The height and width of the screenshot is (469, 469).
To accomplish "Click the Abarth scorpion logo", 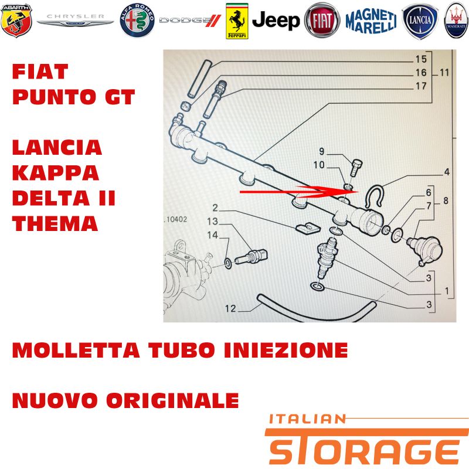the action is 16,21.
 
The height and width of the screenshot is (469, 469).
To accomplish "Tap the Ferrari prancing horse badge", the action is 237,21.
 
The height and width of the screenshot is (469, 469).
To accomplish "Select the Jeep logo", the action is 276,21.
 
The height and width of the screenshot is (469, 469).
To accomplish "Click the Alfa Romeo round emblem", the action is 137,21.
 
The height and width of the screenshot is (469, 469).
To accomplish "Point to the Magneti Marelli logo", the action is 371,21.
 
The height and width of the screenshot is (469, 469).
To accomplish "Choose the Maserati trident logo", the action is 456,21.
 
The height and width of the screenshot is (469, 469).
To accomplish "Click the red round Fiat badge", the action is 322,21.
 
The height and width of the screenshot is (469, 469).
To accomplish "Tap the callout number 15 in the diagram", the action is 421,59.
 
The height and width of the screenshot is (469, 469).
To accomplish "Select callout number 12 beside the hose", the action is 230,308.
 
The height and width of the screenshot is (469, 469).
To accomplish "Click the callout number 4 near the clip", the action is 447,172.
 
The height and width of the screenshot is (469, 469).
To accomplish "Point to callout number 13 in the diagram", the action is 212,222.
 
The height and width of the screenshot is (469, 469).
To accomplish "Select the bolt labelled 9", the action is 356,169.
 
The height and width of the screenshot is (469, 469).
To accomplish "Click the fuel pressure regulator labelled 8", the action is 424,249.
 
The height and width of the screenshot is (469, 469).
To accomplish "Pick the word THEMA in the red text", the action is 55,223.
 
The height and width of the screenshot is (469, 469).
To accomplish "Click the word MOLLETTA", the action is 76,350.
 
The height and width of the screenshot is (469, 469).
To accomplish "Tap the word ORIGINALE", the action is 172,400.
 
